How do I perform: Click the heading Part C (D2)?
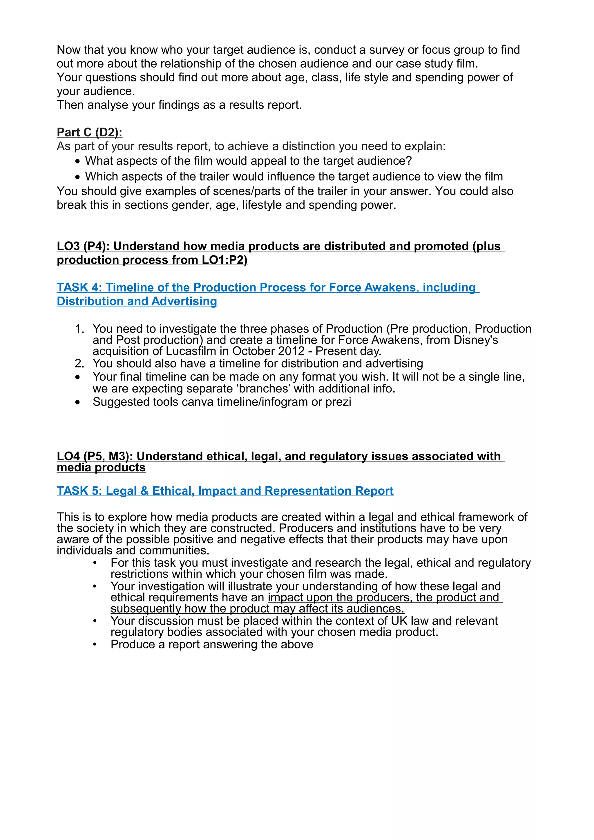click(x=89, y=132)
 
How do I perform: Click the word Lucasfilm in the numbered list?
click(x=190, y=351)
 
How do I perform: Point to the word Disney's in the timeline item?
click(x=475, y=340)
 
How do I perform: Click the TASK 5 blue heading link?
click(x=225, y=491)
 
